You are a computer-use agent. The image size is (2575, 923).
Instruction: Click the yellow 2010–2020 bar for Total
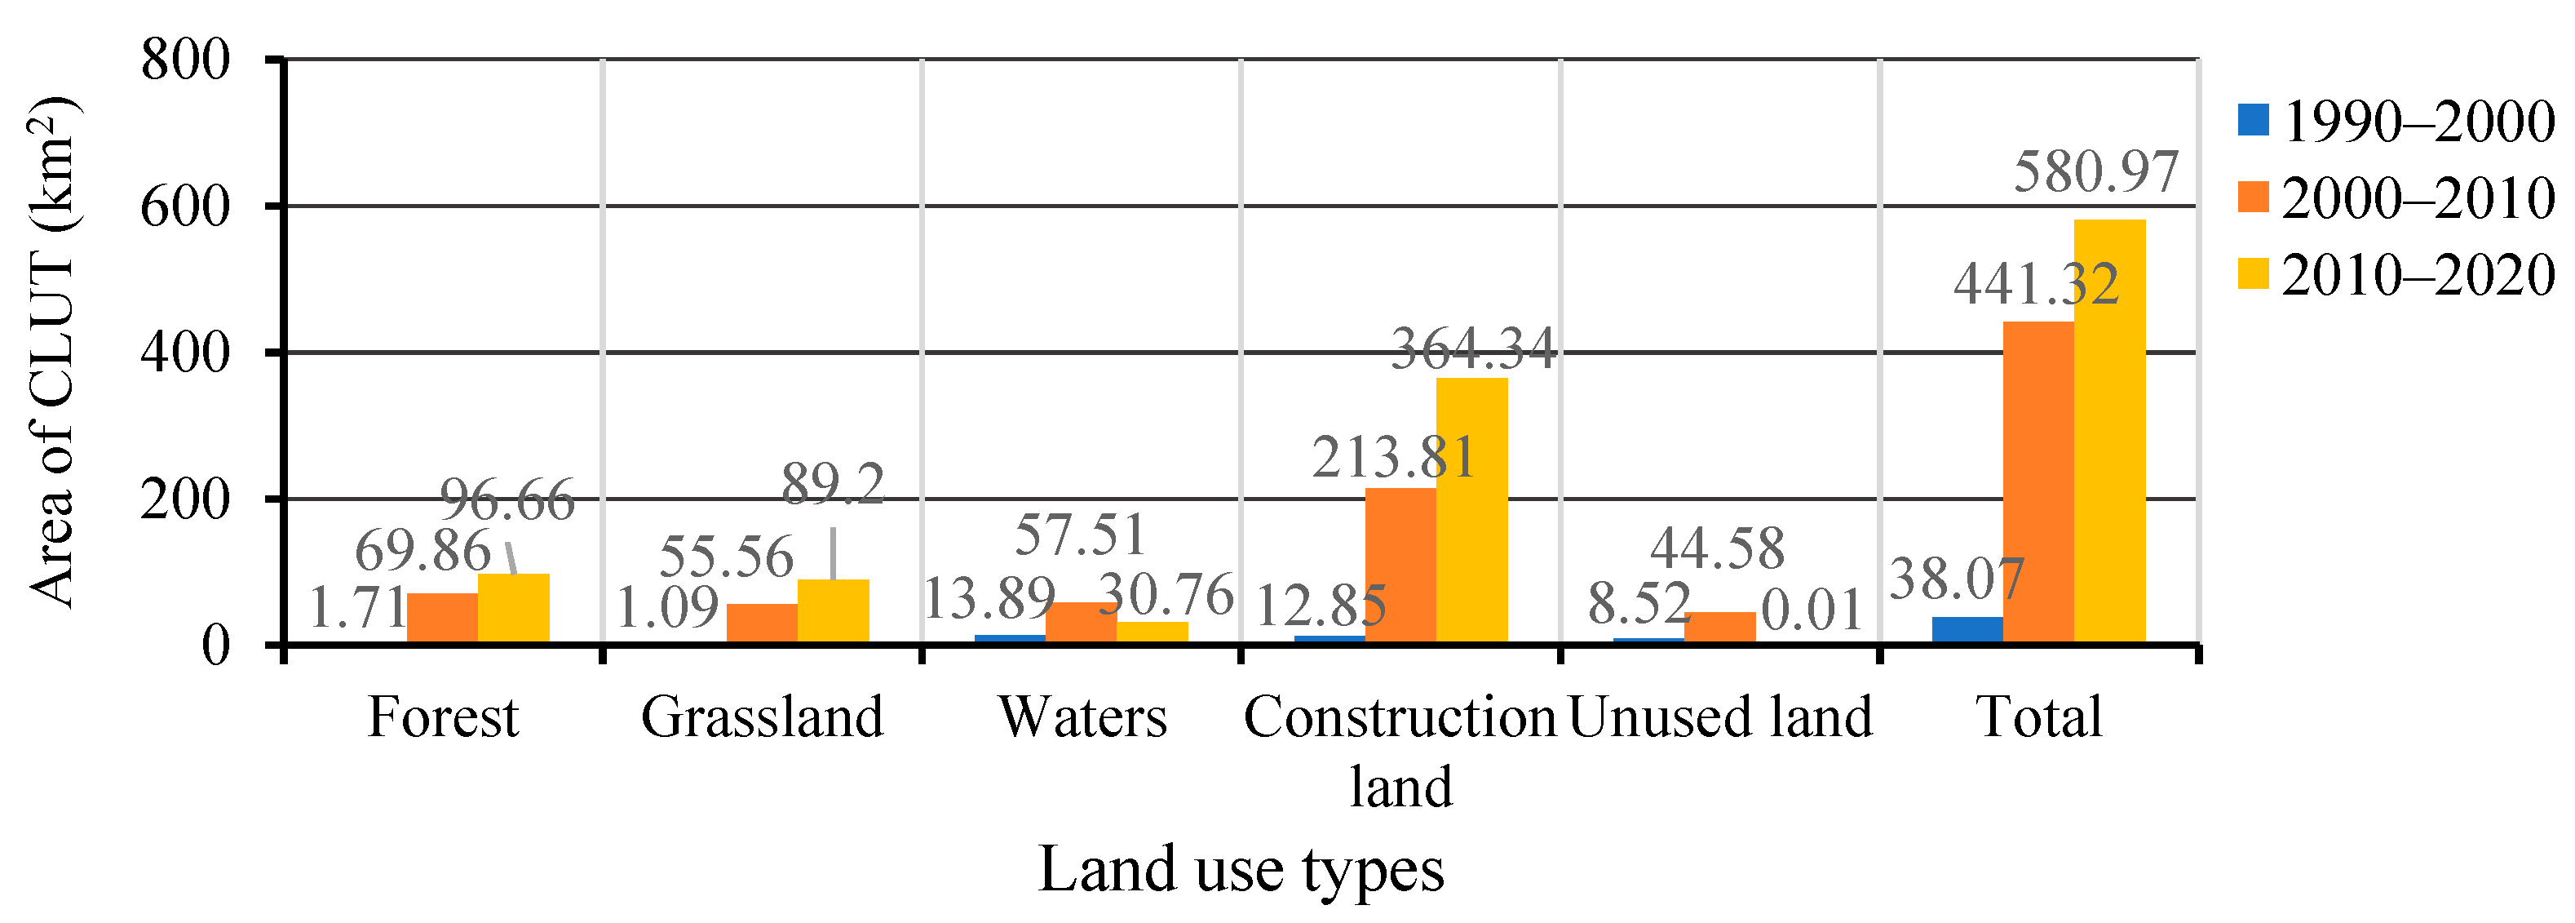[x=2109, y=430]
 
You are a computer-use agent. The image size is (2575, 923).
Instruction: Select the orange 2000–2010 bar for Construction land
[x=1400, y=565]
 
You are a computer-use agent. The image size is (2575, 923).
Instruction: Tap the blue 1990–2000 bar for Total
[x=1967, y=630]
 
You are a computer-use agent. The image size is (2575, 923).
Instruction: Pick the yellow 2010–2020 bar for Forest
[x=514, y=608]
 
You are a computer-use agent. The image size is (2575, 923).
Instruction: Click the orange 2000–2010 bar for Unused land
[x=1719, y=627]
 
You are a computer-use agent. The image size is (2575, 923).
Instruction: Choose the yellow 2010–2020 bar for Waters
[x=1153, y=632]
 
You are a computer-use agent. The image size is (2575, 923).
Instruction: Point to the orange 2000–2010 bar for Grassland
[x=762, y=623]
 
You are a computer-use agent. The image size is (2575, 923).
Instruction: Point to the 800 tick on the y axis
[x=186, y=60]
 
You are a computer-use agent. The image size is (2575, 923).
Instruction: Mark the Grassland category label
[x=762, y=717]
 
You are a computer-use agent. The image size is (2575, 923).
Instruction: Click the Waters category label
[x=1082, y=717]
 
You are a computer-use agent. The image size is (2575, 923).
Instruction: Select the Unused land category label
[x=1719, y=717]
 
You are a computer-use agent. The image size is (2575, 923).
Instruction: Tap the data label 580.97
[x=2095, y=172]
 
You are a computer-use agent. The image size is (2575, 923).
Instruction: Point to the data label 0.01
[x=1812, y=610]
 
